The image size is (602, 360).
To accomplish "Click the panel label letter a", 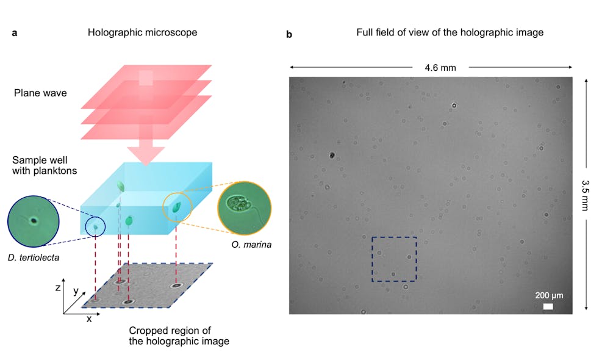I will click(x=14, y=33).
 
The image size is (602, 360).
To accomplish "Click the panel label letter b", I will click(x=289, y=35).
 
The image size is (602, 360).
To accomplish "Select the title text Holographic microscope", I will click(x=142, y=32).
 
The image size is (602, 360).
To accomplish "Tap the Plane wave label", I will click(x=40, y=93).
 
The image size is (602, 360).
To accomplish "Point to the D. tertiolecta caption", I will click(x=34, y=258).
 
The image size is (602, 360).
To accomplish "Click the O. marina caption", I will click(x=251, y=246).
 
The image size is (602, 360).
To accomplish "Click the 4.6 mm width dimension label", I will click(x=440, y=68).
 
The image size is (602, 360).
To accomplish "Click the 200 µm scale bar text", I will click(x=549, y=295).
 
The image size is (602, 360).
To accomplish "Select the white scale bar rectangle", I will click(x=548, y=306).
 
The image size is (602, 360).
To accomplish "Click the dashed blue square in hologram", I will click(x=394, y=259).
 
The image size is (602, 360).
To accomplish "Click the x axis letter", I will click(x=89, y=319).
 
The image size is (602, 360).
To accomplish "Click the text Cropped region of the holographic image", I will click(x=179, y=336).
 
